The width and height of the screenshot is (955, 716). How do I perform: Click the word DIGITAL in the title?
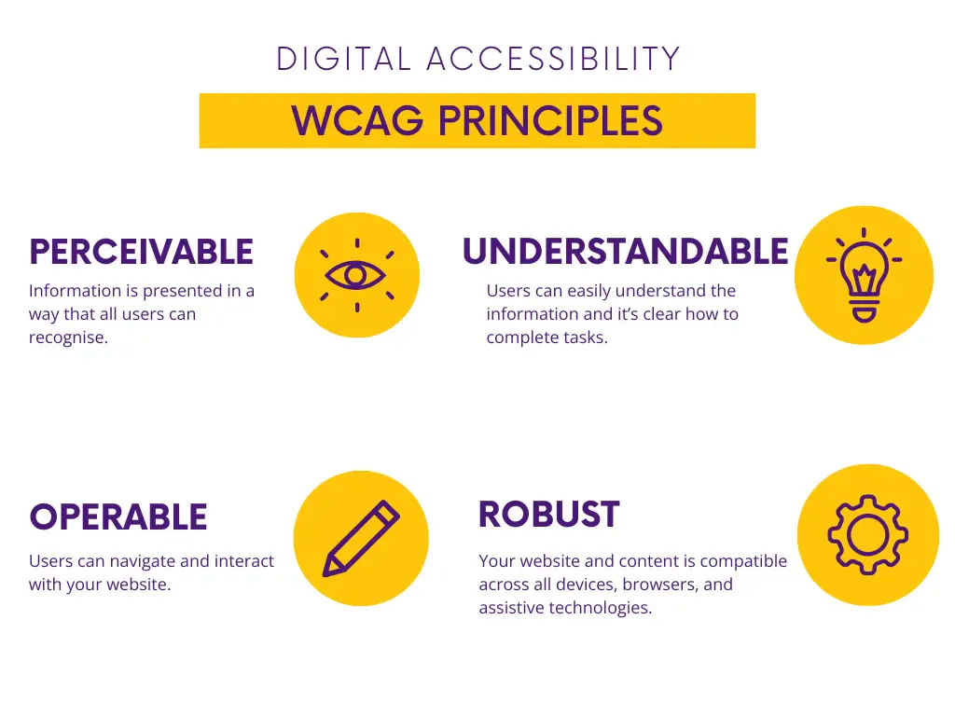(343, 59)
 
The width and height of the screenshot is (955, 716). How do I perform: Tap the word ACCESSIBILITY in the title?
(553, 59)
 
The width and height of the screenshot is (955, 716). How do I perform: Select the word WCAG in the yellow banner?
(357, 120)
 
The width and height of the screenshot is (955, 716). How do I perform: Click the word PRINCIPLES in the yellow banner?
(550, 120)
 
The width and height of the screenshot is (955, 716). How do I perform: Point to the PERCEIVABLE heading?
(142, 252)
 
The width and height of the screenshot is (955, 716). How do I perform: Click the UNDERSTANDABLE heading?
(626, 252)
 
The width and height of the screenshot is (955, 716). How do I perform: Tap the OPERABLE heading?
(118, 516)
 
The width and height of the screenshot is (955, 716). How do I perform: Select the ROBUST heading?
(548, 514)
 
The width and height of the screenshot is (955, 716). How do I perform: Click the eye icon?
(355, 275)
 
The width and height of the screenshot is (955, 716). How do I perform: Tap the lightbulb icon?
(864, 275)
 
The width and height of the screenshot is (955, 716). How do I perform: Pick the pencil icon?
(361, 538)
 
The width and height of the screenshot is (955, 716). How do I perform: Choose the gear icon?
(867, 534)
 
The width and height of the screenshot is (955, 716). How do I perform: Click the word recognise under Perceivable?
(68, 337)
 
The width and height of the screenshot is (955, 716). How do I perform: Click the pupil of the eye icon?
(355, 276)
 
